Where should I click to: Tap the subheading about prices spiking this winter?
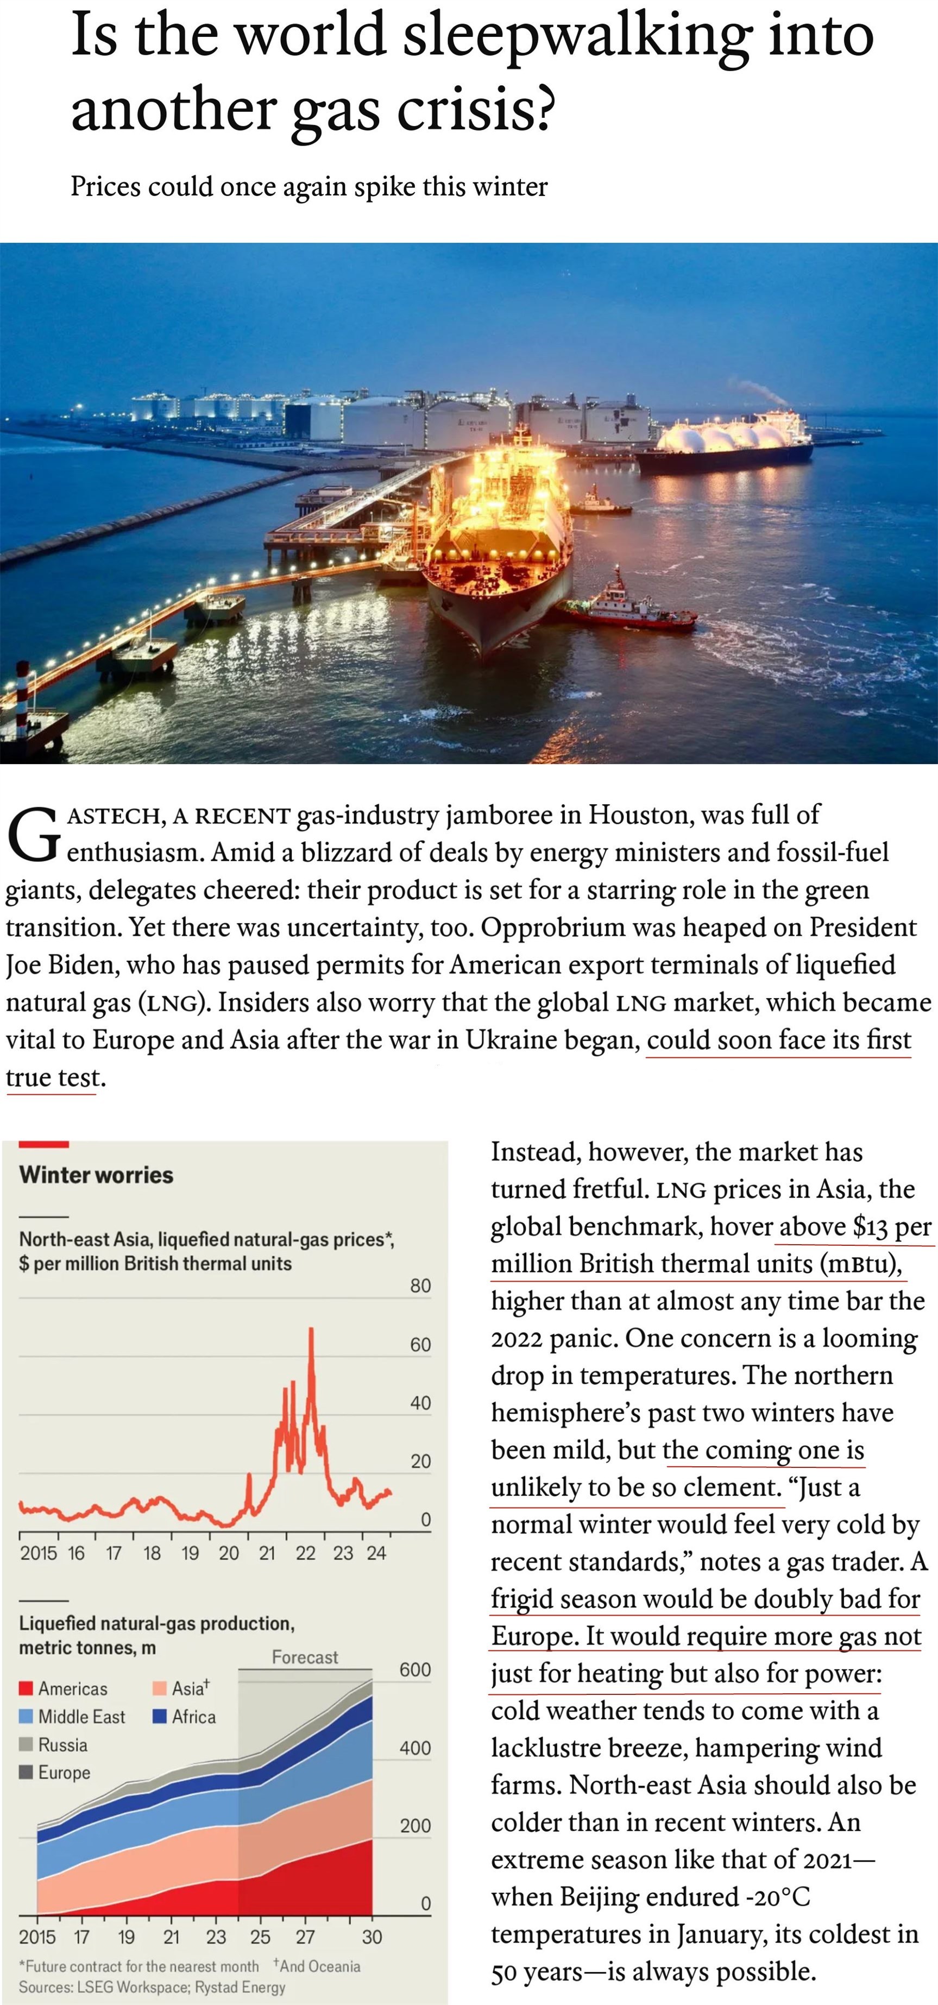pos(309,187)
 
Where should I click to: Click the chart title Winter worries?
pos(96,1175)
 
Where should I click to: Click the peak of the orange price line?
pos(311,1329)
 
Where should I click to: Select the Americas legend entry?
pos(64,1688)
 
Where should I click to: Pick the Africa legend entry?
pos(185,1716)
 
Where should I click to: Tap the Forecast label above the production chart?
pos(304,1657)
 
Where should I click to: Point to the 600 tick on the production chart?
pos(415,1669)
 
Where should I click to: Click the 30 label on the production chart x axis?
pos(372,1937)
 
